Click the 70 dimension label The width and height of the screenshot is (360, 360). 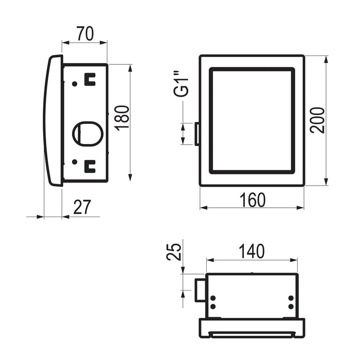pyautogui.click(x=85, y=34)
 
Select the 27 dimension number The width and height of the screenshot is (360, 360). pyautogui.click(x=82, y=207)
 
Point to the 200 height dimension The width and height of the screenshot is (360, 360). pyautogui.click(x=317, y=120)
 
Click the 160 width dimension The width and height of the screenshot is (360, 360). pyautogui.click(x=253, y=200)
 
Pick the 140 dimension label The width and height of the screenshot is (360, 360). pyautogui.click(x=251, y=251)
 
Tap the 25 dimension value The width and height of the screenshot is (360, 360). pyautogui.click(x=174, y=251)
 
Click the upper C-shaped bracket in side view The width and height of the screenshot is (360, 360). pyautogui.click(x=90, y=79)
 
